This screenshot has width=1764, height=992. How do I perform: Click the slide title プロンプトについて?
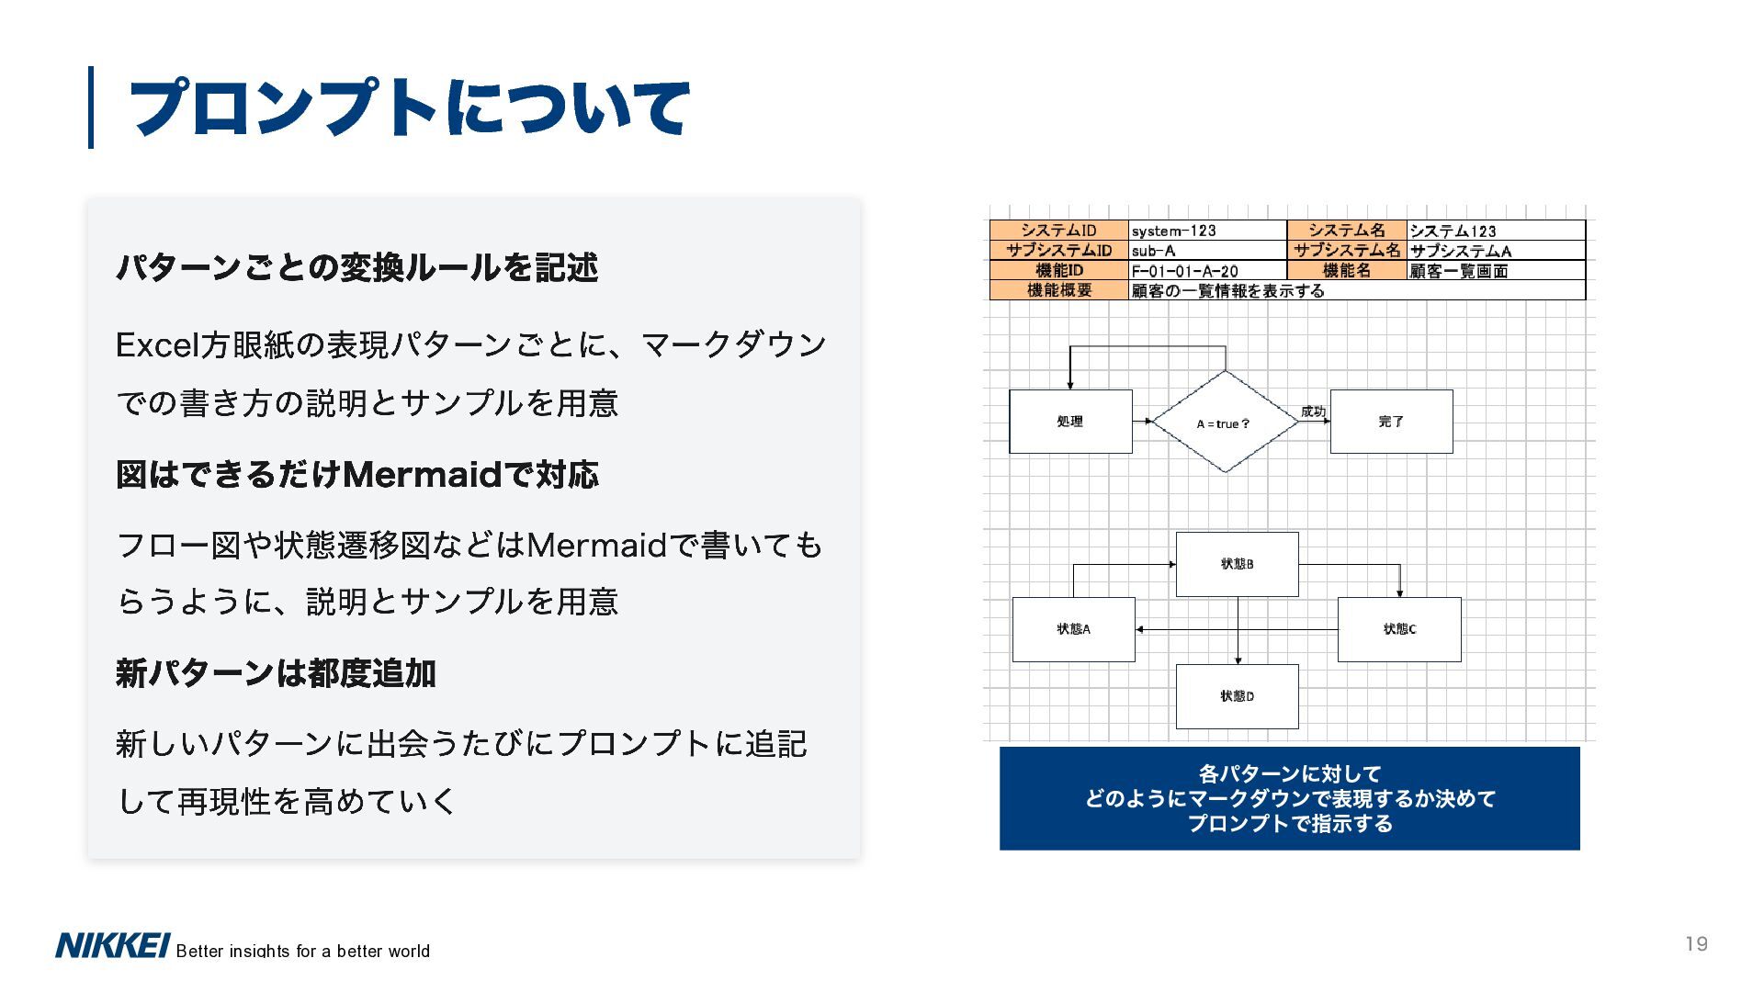click(409, 107)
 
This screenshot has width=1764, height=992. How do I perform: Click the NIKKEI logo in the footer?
click(112, 945)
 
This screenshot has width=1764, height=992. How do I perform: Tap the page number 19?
click(1696, 943)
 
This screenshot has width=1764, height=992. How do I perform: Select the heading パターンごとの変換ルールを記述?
click(356, 268)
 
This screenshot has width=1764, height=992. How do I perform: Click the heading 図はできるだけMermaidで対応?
click(356, 475)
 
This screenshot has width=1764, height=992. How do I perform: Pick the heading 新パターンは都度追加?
click(276, 673)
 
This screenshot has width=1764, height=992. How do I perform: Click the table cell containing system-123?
click(1205, 231)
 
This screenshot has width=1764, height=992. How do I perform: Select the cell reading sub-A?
click(1205, 251)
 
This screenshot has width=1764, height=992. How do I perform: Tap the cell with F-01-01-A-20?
click(1205, 271)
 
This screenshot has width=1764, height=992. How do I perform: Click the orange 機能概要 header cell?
click(1058, 290)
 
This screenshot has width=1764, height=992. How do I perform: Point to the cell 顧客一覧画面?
click(1495, 271)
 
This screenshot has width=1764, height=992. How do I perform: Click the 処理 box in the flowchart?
click(1070, 422)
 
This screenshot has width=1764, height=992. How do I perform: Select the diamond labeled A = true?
click(1225, 423)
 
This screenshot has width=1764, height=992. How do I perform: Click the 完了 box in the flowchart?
click(1391, 422)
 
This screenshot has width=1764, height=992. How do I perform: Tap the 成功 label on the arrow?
click(1313, 411)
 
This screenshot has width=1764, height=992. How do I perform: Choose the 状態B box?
click(1237, 564)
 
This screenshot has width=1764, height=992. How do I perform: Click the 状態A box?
click(1073, 629)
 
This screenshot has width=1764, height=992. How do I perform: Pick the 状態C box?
click(1399, 629)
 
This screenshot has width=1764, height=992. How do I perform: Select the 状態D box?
click(1237, 696)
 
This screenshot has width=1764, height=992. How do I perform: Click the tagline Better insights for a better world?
click(302, 951)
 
